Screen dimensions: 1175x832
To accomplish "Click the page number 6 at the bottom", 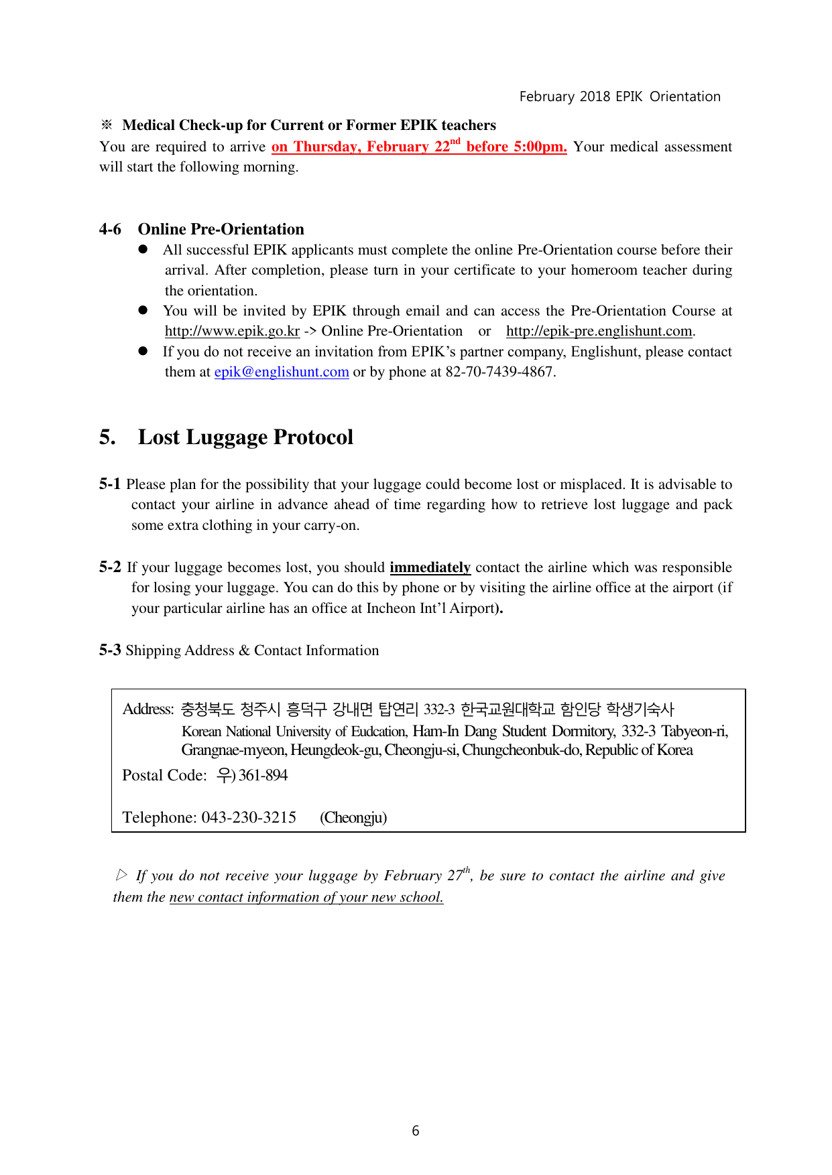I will point(416,1131).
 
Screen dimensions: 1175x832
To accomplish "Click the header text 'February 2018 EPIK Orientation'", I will point(619,96).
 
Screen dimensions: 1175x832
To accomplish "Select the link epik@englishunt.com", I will point(282,372).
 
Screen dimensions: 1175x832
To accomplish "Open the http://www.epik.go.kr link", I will point(232,331).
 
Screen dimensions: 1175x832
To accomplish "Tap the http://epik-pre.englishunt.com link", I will point(599,331).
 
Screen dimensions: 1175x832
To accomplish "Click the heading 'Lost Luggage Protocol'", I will point(245,437).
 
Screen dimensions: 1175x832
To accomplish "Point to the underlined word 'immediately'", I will point(430,567).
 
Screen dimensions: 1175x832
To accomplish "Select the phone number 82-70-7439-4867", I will point(499,372).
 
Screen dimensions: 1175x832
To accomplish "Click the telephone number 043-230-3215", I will point(249,817).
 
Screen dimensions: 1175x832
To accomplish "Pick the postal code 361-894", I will point(263,775).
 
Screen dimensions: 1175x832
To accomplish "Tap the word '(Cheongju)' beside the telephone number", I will point(353,817).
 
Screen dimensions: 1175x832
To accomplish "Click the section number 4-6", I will point(110,229).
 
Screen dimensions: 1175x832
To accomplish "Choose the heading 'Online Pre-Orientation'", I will point(221,229).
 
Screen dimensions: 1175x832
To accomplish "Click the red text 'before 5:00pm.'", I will point(516,147).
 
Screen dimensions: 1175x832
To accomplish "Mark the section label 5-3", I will point(110,650).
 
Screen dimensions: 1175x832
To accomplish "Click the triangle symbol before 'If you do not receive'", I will point(121,875).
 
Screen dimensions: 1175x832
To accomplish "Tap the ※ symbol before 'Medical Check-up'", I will point(107,125).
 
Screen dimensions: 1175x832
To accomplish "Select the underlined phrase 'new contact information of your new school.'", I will point(306,897).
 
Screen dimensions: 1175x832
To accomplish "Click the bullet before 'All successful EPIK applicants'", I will point(143,249).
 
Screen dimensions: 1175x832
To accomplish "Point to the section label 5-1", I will point(110,484).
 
